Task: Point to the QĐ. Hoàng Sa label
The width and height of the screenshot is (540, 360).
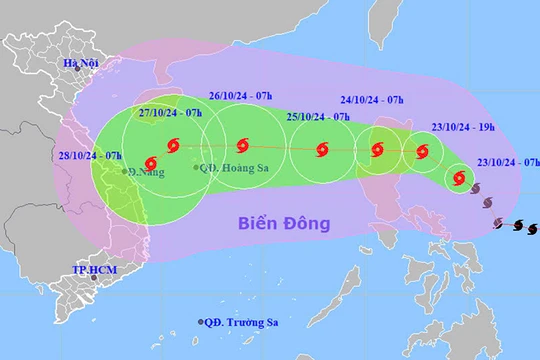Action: pyautogui.click(x=236, y=168)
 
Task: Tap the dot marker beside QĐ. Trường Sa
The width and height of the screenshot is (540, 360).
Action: pyautogui.click(x=200, y=322)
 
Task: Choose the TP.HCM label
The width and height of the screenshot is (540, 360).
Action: pyautogui.click(x=92, y=270)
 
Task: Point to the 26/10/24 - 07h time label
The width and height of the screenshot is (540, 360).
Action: pyautogui.click(x=241, y=97)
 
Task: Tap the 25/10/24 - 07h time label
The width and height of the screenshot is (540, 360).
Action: pyautogui.click(x=318, y=117)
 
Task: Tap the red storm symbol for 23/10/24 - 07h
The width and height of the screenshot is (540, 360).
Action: pyautogui.click(x=459, y=180)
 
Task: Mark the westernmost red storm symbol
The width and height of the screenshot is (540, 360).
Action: pyautogui.click(x=150, y=162)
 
